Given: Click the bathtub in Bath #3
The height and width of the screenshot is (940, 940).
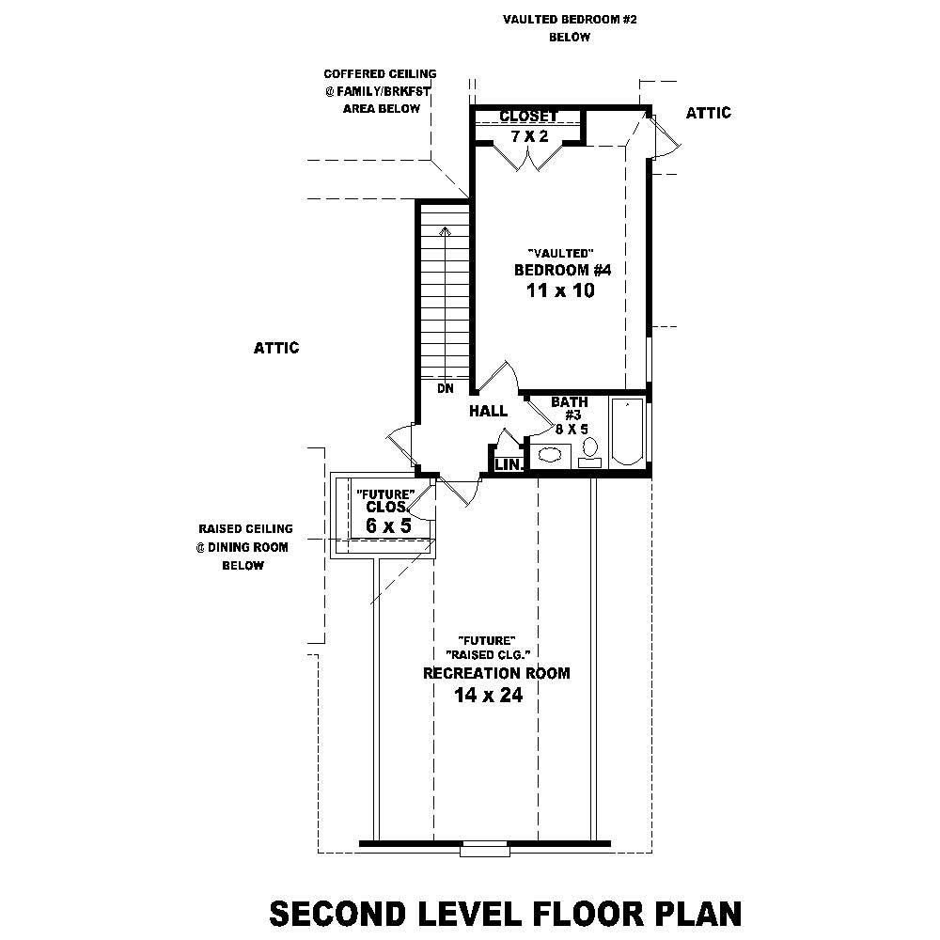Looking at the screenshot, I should (x=627, y=432).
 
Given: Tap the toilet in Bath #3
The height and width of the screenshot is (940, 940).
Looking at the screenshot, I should (x=590, y=449).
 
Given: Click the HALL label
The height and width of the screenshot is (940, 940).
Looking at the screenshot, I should (x=488, y=411).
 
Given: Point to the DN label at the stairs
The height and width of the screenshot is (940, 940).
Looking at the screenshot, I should (x=445, y=387).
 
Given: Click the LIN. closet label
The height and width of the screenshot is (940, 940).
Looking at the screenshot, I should (x=508, y=464).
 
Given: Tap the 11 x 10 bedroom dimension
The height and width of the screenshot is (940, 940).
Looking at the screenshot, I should (x=562, y=291).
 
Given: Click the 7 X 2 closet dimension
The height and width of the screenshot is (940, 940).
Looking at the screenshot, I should (x=529, y=137).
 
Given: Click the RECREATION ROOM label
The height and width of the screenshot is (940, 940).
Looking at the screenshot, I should (x=495, y=674).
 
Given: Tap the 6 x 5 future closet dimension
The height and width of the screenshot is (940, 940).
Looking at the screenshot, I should (x=388, y=526).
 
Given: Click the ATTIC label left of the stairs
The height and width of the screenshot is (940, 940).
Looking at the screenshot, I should (x=276, y=348).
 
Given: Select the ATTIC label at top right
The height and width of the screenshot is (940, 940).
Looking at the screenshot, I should (x=708, y=113).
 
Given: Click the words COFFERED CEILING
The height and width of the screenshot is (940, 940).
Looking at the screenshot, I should (x=380, y=73).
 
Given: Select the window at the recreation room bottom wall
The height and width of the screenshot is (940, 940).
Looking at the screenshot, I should (x=485, y=850).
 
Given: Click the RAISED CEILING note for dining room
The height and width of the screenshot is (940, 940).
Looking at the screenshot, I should (x=244, y=529).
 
